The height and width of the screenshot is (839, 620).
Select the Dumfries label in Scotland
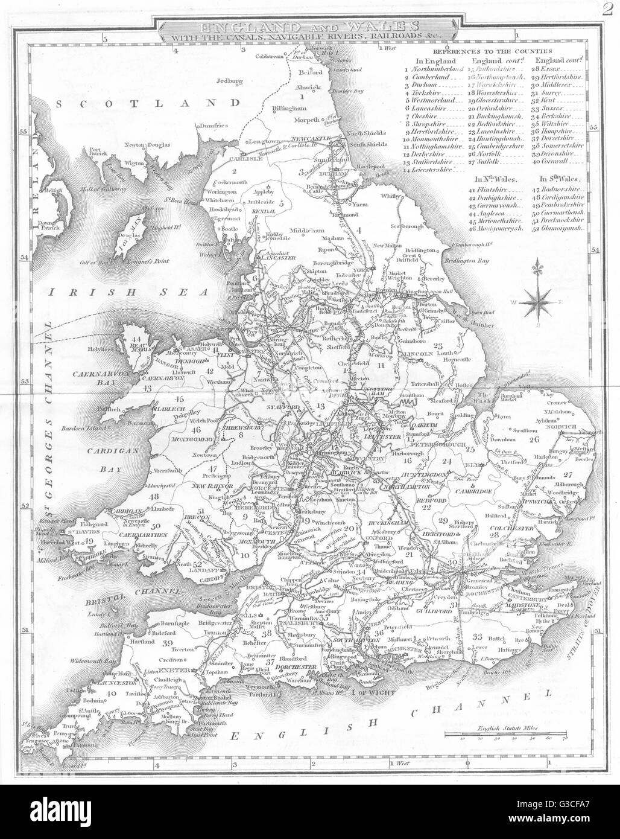point(212,126)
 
